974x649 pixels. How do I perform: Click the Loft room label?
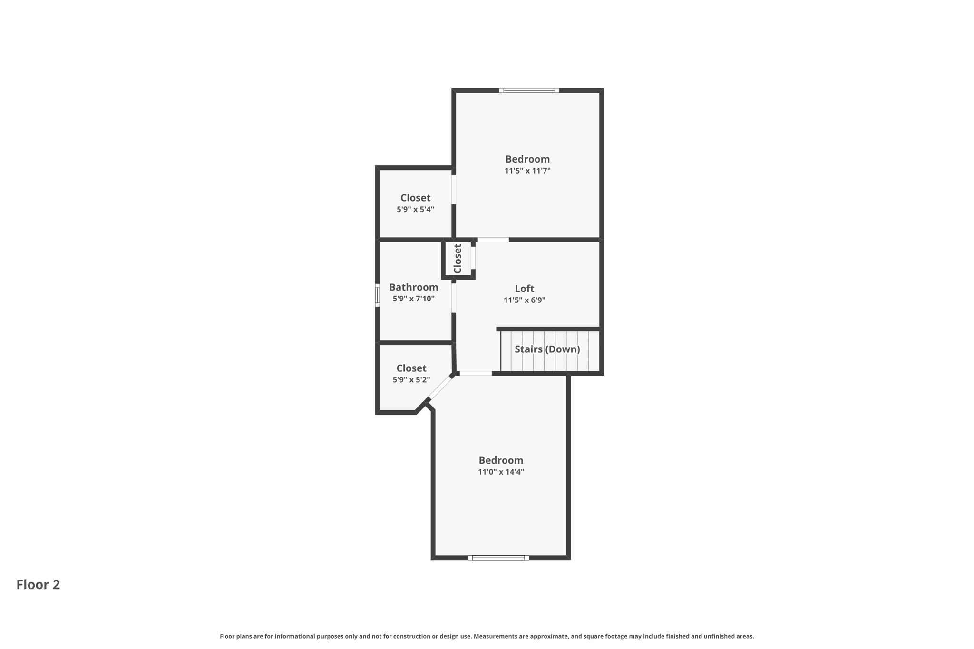[524, 289]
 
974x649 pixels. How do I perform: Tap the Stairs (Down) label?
[547, 349]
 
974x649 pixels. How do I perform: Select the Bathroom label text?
[413, 287]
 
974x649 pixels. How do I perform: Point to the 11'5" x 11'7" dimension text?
[527, 171]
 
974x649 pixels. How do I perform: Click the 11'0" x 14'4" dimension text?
[501, 472]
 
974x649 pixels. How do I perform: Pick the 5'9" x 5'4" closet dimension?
[415, 209]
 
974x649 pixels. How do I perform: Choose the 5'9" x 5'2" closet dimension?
[411, 380]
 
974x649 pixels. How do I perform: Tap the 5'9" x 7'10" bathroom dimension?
[413, 299]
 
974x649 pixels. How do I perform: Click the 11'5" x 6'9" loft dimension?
[524, 300]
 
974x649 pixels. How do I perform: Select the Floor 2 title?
[38, 584]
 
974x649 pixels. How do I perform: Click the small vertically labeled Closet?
[458, 259]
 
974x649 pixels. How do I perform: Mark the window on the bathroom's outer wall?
[377, 295]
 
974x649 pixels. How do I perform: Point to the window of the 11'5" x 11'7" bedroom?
[529, 90]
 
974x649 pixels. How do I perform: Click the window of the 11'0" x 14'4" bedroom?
[498, 558]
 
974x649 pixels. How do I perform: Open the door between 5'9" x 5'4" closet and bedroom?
[454, 189]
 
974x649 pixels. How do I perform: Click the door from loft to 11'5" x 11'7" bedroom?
[493, 240]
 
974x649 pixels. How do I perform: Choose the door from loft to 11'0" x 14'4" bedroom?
[476, 374]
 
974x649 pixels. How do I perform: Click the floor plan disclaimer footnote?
[487, 636]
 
